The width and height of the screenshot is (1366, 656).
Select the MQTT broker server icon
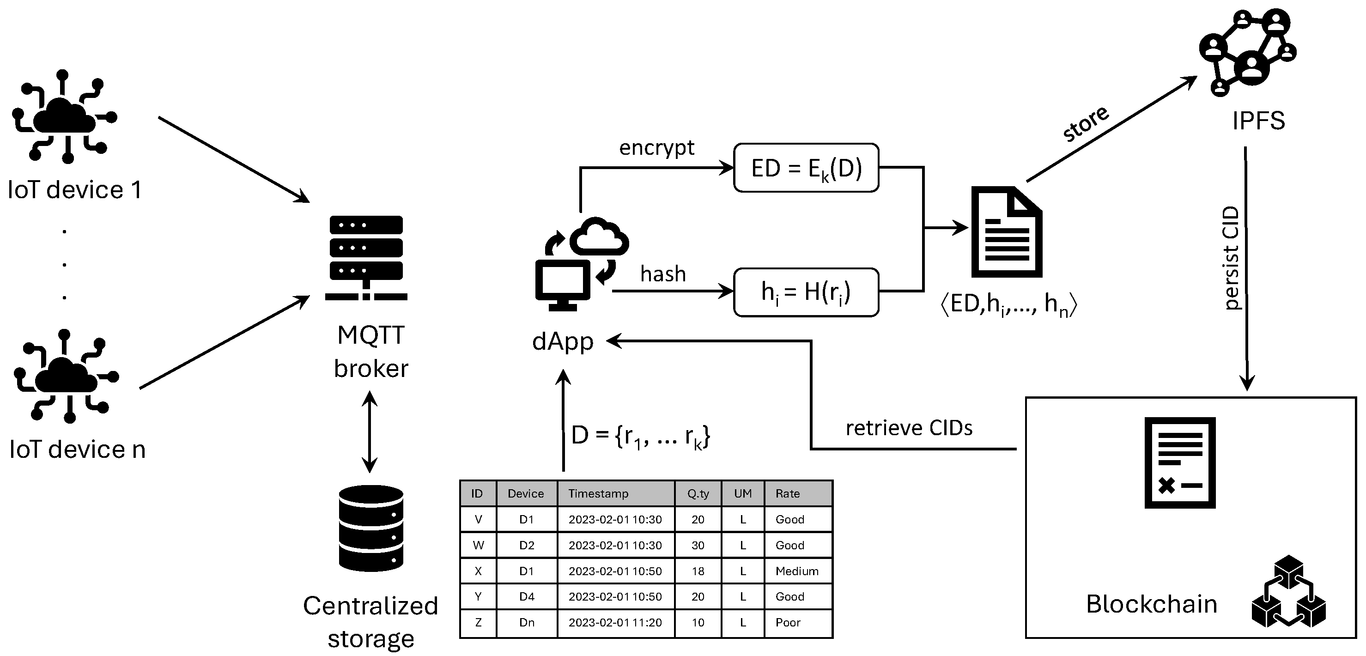(366, 258)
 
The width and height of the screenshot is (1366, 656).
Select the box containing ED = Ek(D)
(806, 168)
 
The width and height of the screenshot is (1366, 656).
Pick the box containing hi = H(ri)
(806, 292)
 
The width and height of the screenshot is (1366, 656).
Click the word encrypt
(656, 147)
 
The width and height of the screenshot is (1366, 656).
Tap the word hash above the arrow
(663, 274)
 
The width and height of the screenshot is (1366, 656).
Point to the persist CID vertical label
(1230, 258)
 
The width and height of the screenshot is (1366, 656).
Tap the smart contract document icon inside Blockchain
(1179, 462)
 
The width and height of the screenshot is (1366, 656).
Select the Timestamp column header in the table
(598, 494)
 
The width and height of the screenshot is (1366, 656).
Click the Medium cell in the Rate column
(796, 571)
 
